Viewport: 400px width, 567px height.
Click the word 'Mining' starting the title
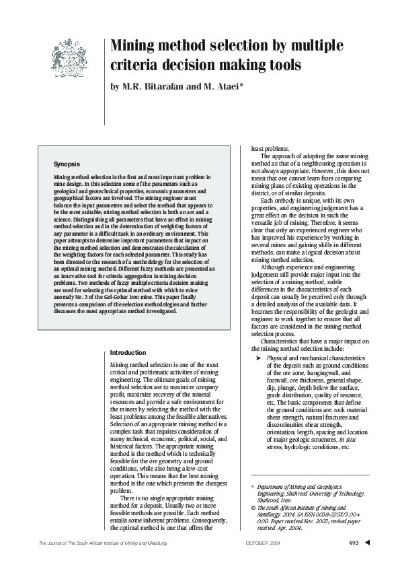click(138, 46)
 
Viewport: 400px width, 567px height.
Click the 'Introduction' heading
click(128, 352)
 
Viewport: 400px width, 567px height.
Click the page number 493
click(353, 543)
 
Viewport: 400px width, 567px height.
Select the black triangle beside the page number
click(366, 543)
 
